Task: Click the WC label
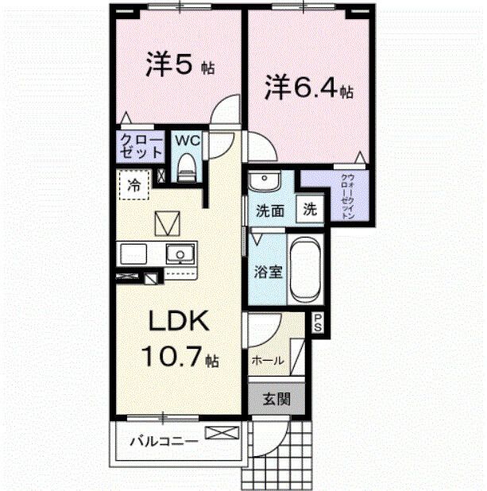pyautogui.click(x=186, y=141)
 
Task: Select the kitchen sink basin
pyautogui.click(x=180, y=255)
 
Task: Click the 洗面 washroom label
pyautogui.click(x=269, y=211)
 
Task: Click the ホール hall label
pyautogui.click(x=268, y=360)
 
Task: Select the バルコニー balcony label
pyautogui.click(x=162, y=439)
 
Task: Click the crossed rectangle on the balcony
pyautogui.click(x=222, y=434)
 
